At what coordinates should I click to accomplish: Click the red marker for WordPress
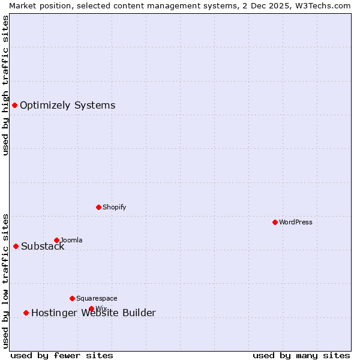275,222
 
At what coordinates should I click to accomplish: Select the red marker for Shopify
98,207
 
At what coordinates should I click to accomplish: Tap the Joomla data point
56,240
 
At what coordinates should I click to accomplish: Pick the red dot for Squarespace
72,298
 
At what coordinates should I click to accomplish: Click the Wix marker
91,308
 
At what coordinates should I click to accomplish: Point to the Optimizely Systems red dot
14,106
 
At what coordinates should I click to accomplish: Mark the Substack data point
16,246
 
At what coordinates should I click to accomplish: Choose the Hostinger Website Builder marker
26,313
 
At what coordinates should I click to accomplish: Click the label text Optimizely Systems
67,106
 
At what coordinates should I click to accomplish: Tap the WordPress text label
296,222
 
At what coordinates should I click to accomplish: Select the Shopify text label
114,207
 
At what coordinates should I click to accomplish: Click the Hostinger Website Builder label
93,313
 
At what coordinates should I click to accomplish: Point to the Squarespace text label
97,298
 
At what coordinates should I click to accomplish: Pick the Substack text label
43,247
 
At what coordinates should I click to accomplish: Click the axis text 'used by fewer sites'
62,355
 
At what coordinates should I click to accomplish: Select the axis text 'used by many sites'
301,355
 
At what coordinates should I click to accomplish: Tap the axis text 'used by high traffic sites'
5,85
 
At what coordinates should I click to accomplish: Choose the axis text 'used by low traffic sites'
5,281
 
